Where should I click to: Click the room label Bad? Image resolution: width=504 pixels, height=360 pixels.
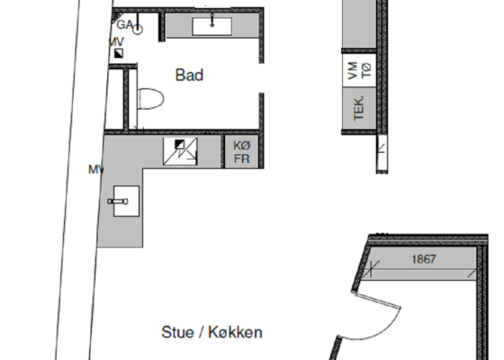(x=189, y=76)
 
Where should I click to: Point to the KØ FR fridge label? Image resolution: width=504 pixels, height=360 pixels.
(x=241, y=151)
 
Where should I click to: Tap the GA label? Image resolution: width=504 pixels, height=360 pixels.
(x=125, y=24)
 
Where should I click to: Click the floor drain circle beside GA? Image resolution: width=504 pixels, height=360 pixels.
(x=139, y=29)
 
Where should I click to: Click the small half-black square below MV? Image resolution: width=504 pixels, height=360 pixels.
(x=118, y=54)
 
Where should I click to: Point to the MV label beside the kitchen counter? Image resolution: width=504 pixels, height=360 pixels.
(x=96, y=168)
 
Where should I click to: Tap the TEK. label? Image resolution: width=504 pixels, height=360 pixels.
(x=358, y=108)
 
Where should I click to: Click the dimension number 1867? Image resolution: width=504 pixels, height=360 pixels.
(x=423, y=259)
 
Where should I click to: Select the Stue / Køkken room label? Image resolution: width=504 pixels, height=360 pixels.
(x=212, y=332)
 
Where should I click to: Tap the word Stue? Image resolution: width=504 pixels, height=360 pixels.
(x=177, y=332)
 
